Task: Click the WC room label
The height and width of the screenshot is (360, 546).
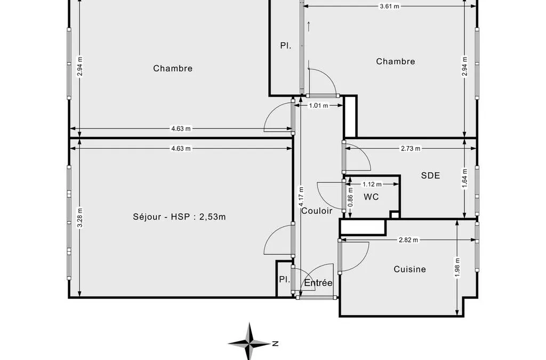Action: pyautogui.click(x=371, y=197)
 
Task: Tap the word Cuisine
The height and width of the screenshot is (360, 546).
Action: pyautogui.click(x=409, y=269)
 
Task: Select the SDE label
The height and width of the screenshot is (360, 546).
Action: pyautogui.click(x=430, y=175)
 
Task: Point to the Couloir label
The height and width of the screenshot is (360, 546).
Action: pyautogui.click(x=317, y=211)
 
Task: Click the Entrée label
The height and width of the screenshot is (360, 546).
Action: pyautogui.click(x=318, y=283)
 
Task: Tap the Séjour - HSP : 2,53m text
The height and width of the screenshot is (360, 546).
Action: pyautogui.click(x=179, y=217)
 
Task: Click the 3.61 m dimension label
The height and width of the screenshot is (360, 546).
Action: pyautogui.click(x=390, y=6)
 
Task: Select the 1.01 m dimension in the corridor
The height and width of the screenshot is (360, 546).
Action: pyautogui.click(x=319, y=106)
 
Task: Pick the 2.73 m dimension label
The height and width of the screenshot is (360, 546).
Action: pyautogui.click(x=411, y=149)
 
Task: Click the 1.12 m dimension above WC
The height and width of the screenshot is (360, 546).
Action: pyautogui.click(x=372, y=184)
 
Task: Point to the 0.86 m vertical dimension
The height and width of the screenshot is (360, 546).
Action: pyautogui.click(x=350, y=197)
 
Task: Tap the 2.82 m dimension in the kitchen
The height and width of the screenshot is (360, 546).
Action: pyautogui.click(x=408, y=240)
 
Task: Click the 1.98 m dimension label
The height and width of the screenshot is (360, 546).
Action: pyautogui.click(x=457, y=267)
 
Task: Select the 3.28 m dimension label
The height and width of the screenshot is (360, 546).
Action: pyautogui.click(x=80, y=218)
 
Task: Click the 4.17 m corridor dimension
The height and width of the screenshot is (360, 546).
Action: pyautogui.click(x=301, y=196)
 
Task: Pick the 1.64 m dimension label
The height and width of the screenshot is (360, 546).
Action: pyautogui.click(x=465, y=178)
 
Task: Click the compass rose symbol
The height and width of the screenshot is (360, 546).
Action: pyautogui.click(x=250, y=342)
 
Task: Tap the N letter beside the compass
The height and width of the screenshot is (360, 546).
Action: pyautogui.click(x=276, y=343)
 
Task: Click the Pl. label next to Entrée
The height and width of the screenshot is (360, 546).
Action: pyautogui.click(x=285, y=279)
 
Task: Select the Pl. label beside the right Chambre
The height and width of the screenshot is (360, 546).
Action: pyautogui.click(x=286, y=46)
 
